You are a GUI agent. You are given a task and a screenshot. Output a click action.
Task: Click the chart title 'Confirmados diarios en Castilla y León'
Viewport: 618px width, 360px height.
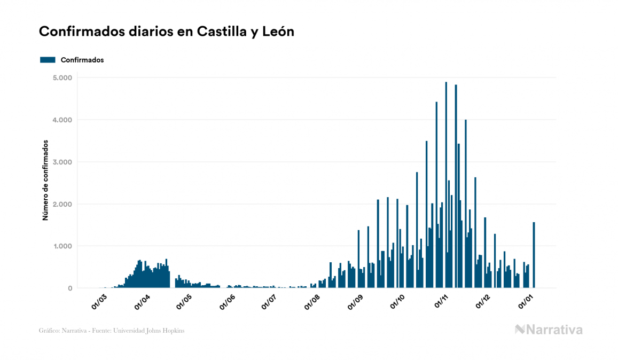click(x=166, y=32)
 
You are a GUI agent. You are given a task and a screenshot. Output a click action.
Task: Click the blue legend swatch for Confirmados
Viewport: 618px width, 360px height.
click(x=48, y=60)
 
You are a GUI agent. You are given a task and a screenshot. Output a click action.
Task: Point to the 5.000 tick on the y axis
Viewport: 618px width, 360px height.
click(x=62, y=78)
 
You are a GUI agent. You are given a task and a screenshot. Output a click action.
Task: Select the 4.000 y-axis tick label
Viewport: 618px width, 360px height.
click(x=62, y=120)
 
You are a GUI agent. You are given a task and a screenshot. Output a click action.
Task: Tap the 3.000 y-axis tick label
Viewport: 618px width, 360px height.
click(x=62, y=162)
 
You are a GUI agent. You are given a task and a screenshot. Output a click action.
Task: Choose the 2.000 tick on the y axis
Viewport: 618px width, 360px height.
click(x=62, y=205)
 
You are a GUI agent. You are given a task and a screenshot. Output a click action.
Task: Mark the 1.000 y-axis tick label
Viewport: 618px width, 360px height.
click(x=62, y=247)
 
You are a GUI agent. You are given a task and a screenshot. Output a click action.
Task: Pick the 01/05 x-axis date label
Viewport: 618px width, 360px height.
click(x=184, y=301)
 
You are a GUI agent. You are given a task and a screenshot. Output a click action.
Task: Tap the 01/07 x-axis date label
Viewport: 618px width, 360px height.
click(x=269, y=301)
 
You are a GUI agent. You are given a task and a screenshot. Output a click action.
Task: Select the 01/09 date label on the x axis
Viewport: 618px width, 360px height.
click(x=355, y=301)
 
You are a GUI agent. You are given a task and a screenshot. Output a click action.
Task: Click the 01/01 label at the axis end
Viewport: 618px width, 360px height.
click(x=526, y=301)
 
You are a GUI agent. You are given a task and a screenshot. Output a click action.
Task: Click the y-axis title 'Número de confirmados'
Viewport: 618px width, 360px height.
click(x=46, y=181)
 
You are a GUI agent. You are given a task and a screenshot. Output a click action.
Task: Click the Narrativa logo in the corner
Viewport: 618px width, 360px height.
click(x=549, y=330)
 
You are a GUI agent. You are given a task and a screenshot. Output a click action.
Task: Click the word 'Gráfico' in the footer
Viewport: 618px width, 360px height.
click(x=49, y=331)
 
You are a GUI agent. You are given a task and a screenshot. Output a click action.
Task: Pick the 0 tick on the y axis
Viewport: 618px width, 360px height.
click(x=69, y=288)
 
